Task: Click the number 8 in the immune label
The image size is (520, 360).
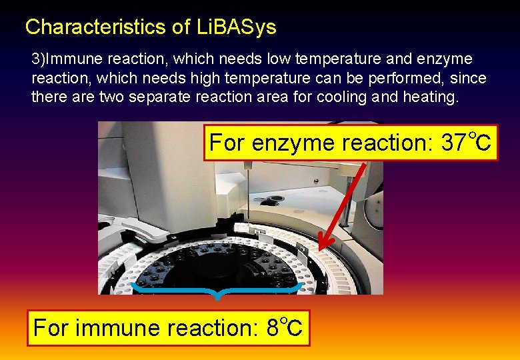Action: (273, 328)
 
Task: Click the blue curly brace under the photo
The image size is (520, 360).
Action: (217, 291)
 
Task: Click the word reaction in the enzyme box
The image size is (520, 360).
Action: (386, 143)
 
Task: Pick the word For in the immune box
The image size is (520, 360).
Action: (53, 328)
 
